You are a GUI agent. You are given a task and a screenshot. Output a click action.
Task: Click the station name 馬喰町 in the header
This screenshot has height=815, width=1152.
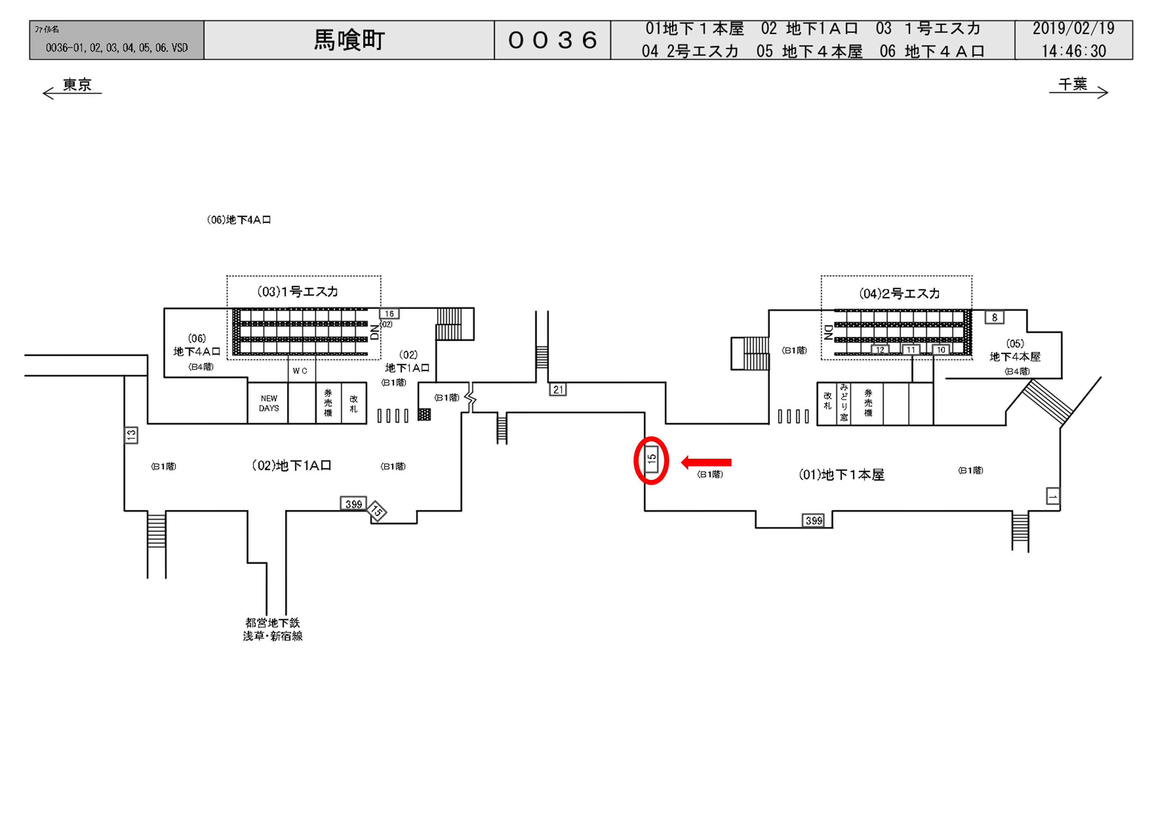point(349,40)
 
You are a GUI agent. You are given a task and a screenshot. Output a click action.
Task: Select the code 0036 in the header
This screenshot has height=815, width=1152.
point(552,40)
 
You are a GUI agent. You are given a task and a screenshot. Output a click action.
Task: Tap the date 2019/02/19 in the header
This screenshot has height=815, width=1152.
point(1073,29)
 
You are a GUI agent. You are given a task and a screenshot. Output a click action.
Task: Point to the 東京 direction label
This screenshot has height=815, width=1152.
point(77,85)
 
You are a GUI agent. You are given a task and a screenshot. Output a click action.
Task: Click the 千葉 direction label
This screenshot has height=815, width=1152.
point(1073,84)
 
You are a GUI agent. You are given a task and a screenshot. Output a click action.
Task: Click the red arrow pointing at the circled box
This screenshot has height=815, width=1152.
point(706,462)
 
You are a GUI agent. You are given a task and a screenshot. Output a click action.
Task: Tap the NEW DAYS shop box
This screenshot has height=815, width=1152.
point(269,403)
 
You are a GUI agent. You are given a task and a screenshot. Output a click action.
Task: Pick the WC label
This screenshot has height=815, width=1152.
point(300,371)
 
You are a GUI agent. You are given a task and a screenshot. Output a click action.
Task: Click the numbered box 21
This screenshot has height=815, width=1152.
point(558,389)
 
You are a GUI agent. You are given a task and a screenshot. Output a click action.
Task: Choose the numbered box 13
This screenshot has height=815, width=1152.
point(131,435)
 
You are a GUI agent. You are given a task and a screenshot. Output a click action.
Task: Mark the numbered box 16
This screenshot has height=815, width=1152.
point(389,313)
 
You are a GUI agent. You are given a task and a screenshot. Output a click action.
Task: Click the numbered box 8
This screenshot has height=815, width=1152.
point(995,317)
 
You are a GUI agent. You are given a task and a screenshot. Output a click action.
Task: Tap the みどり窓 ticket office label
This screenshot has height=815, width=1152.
point(844,402)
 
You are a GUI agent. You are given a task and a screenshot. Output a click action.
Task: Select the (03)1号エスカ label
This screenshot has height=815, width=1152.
point(298,292)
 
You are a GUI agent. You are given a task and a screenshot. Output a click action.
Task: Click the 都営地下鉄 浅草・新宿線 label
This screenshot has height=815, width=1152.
point(272,630)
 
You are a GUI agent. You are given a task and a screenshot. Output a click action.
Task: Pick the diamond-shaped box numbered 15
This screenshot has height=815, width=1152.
point(377,512)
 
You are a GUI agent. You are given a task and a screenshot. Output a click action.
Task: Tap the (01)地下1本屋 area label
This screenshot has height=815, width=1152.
point(841,475)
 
